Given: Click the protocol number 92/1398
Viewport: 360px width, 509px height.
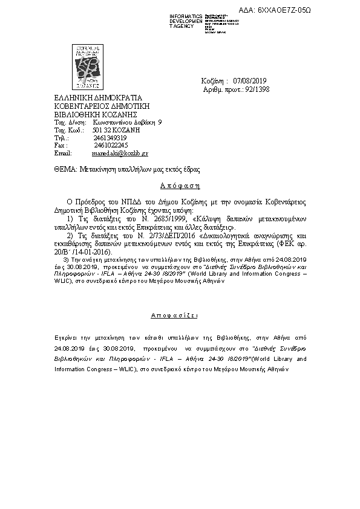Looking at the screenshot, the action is tap(254, 89).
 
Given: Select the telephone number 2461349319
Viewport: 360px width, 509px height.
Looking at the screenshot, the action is tap(110, 138).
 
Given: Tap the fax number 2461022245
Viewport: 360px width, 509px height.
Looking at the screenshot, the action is tap(111, 146).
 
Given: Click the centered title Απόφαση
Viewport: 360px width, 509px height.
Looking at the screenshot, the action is tap(180, 186).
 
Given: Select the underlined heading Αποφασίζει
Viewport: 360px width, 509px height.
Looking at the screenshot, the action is tap(180, 316).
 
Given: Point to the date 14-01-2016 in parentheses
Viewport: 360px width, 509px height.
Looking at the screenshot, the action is tap(94, 251).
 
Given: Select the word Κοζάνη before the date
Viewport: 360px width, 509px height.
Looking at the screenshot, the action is tap(214, 81).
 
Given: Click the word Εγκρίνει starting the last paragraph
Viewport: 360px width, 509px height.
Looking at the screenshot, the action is tap(67, 333).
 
